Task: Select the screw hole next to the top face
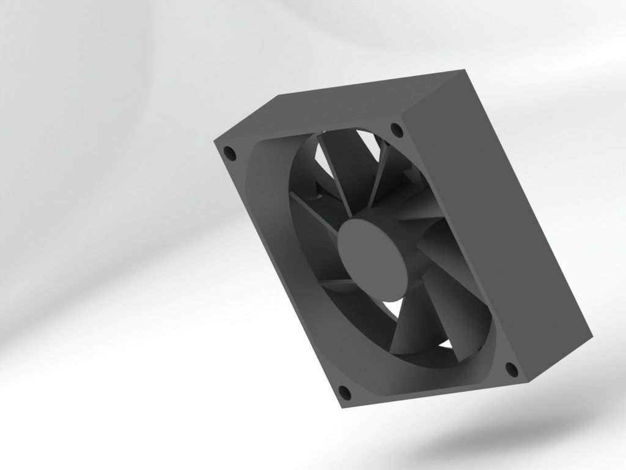click(x=396, y=130)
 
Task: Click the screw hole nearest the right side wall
click(x=511, y=368)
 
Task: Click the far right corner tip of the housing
click(x=592, y=335)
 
